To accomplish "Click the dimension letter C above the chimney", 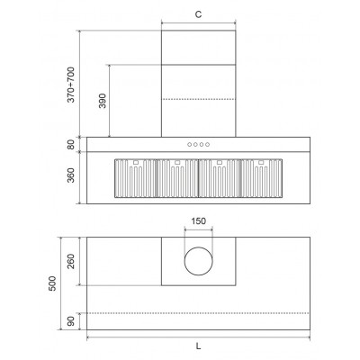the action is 198,14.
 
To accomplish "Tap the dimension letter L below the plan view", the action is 198,346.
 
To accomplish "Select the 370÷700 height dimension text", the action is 71,85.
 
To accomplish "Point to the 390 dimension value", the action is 103,101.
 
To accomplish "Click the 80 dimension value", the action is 71,145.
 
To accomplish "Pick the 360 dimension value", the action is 71,175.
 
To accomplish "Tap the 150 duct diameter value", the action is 199,221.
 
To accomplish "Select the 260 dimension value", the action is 71,261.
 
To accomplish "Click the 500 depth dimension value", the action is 52,283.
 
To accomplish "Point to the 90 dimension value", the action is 71,321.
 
